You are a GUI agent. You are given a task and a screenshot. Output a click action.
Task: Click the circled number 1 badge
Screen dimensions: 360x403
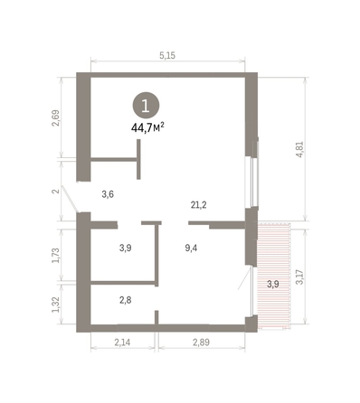pyautogui.click(x=146, y=106)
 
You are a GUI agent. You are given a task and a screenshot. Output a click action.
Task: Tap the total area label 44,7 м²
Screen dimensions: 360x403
pyautogui.click(x=147, y=127)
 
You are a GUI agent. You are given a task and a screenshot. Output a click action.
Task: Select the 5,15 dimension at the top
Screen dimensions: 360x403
pyautogui.click(x=167, y=55)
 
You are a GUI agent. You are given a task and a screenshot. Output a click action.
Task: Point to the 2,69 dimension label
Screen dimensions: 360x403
pyautogui.click(x=56, y=117)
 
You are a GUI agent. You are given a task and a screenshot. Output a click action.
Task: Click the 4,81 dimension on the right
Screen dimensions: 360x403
pyautogui.click(x=300, y=150)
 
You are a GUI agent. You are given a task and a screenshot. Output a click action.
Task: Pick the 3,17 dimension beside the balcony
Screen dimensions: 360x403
pyautogui.click(x=300, y=277)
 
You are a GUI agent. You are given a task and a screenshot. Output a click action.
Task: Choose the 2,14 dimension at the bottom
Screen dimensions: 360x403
pyautogui.click(x=122, y=342)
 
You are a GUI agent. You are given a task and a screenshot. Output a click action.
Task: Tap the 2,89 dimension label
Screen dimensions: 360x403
pyautogui.click(x=201, y=342)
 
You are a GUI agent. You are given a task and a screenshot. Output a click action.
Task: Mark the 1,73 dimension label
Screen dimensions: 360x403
pyautogui.click(x=56, y=256)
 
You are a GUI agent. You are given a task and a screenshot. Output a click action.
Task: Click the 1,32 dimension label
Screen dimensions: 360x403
pyautogui.click(x=56, y=305)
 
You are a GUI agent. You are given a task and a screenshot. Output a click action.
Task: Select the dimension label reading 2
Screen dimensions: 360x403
pyautogui.click(x=56, y=191)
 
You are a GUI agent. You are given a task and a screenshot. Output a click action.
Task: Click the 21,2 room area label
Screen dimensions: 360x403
pyautogui.click(x=199, y=205)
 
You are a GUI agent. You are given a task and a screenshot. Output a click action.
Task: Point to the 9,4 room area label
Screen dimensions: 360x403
pyautogui.click(x=191, y=248)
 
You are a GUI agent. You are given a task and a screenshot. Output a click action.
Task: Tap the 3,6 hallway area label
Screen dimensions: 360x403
pyautogui.click(x=108, y=194)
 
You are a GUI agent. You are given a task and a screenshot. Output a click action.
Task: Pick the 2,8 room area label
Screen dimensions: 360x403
pyautogui.click(x=125, y=300)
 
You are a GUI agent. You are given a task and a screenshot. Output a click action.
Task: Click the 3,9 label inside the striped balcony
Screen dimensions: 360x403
pyautogui.click(x=273, y=284)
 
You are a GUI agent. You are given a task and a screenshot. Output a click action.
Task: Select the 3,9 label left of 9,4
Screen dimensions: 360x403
pyautogui.click(x=125, y=248)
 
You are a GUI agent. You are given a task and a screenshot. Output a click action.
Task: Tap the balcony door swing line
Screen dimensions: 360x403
pyautogui.click(x=244, y=278)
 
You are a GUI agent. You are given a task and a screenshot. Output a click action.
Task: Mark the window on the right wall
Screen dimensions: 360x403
pyautogui.click(x=255, y=181)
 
